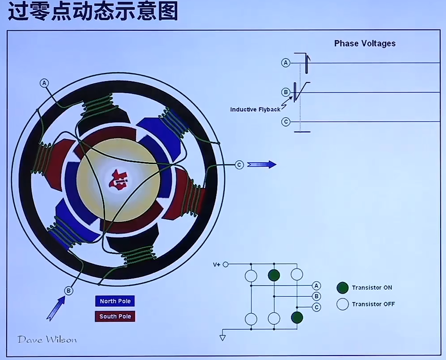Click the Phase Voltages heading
click(365, 43)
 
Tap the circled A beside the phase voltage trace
click(286, 63)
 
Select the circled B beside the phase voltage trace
click(286, 92)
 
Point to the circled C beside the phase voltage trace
click(286, 122)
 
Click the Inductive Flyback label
click(255, 109)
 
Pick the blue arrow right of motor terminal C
click(262, 164)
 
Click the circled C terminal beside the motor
click(239, 165)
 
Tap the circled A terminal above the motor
click(44, 83)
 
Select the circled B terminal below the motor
click(69, 291)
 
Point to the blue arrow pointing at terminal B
click(55, 308)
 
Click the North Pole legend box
click(115, 301)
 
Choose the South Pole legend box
click(115, 316)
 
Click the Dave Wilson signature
click(47, 340)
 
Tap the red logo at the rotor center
click(119, 180)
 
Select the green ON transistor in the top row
click(274, 275)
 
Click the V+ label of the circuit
click(217, 265)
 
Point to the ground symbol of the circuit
click(223, 337)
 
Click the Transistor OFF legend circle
click(342, 304)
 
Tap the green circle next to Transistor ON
click(342, 287)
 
